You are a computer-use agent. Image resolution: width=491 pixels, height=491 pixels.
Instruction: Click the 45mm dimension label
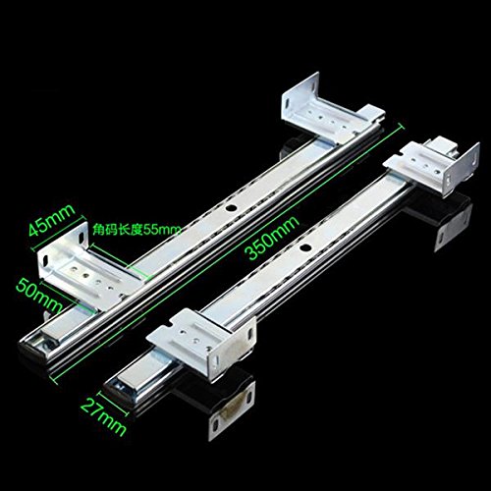click(x=52, y=220)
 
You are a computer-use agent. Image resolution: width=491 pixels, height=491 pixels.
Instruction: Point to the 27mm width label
click(x=103, y=417)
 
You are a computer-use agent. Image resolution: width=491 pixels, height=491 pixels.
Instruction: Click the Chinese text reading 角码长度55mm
click(x=136, y=229)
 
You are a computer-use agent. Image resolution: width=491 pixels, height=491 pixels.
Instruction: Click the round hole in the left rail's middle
click(x=232, y=208)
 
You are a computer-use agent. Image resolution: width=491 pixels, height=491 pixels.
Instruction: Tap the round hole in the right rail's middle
click(x=306, y=247)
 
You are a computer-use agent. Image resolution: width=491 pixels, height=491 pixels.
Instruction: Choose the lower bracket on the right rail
click(x=201, y=342)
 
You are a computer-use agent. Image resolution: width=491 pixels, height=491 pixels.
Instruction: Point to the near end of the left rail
click(x=39, y=342)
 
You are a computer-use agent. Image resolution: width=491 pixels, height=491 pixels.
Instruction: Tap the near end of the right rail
click(x=123, y=388)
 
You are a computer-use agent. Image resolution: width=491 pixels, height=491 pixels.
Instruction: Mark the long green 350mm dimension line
click(x=227, y=253)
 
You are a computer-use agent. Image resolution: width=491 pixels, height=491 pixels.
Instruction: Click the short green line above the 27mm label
click(x=113, y=404)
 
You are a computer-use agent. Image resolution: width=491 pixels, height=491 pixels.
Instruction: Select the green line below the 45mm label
click(x=60, y=234)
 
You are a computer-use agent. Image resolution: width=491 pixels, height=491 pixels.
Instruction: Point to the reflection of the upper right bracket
click(x=452, y=219)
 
